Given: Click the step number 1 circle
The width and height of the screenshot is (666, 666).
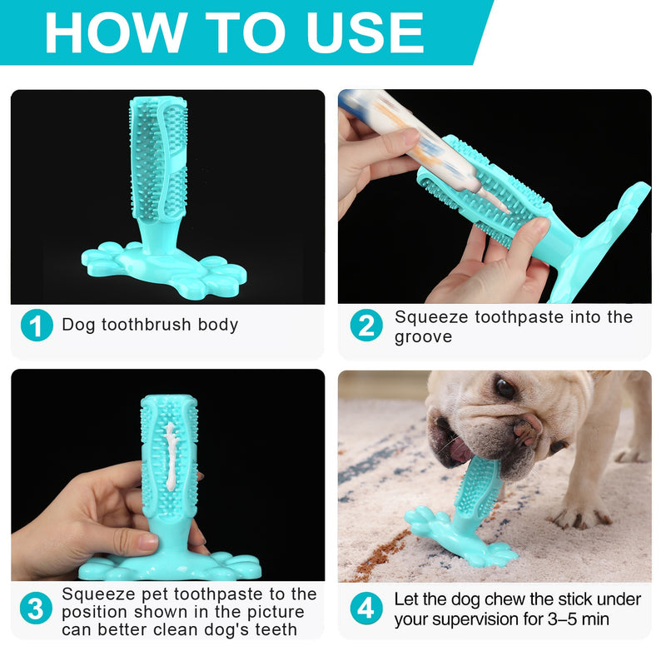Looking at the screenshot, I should tap(36, 325).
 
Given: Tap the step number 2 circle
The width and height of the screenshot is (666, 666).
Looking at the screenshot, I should tap(365, 325).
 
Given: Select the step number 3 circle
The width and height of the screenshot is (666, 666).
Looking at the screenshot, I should tap(36, 608).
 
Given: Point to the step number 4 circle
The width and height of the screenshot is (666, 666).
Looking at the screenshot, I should tap(365, 608).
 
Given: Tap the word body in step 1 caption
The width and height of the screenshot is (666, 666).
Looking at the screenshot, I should tap(217, 325).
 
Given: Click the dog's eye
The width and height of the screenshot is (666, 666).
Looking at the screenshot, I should tap(504, 387).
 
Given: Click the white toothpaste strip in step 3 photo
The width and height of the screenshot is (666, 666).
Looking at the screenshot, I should tap(171, 454).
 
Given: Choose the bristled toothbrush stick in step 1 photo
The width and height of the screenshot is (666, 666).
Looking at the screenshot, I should tap(158, 154).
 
